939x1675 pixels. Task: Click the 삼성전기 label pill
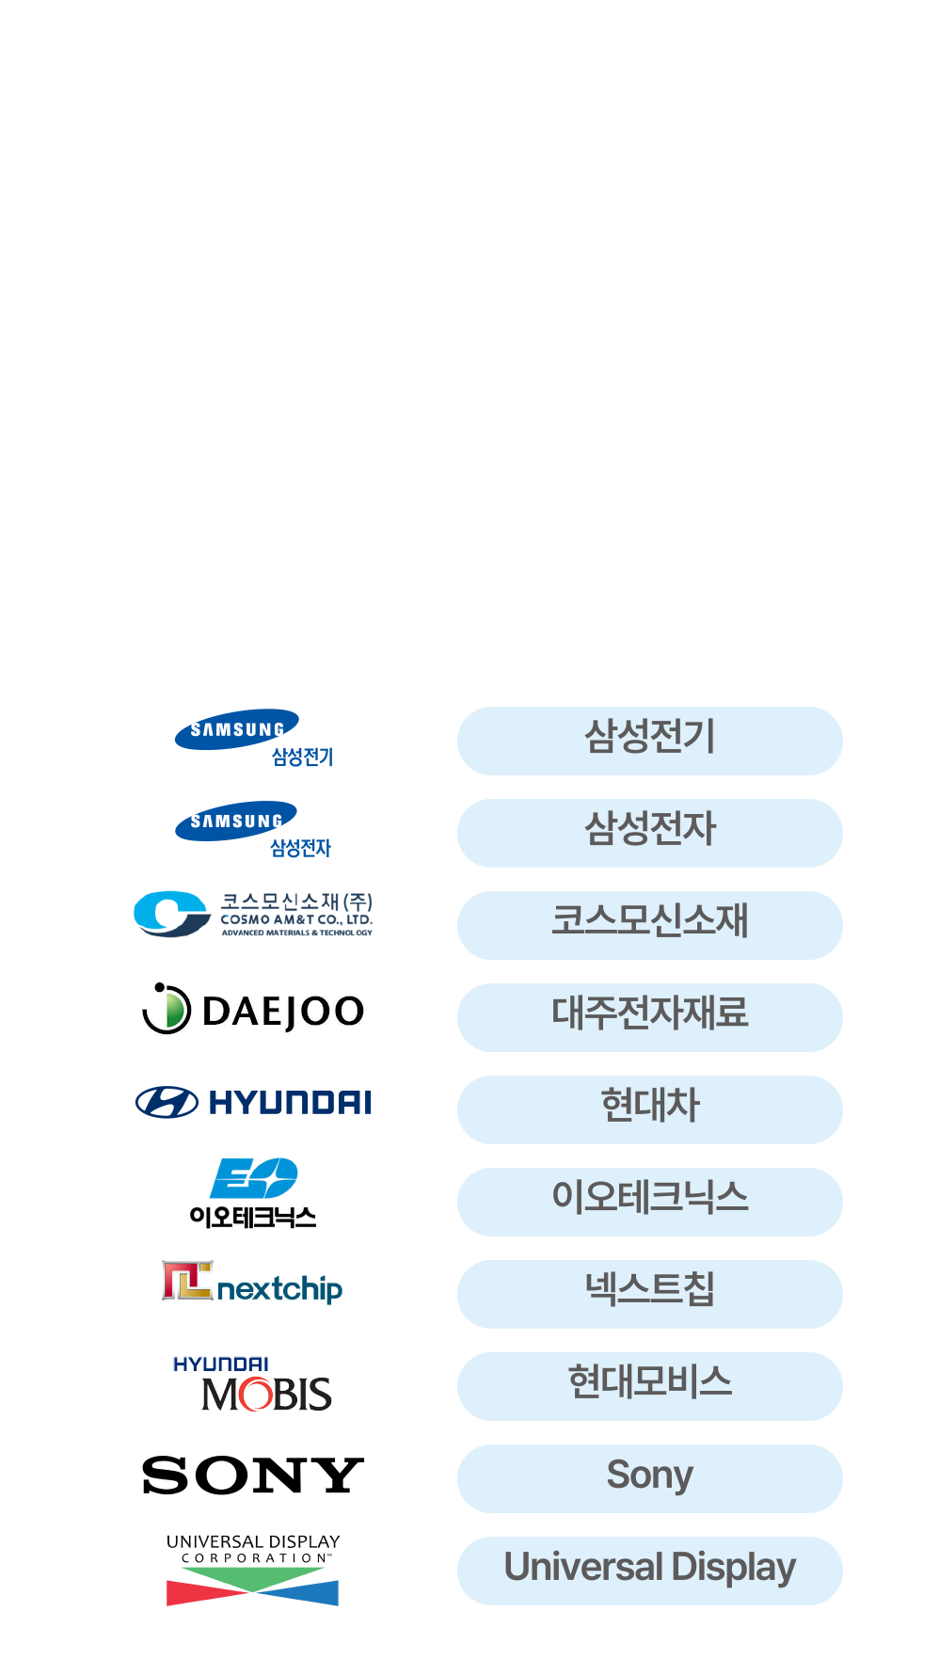click(649, 741)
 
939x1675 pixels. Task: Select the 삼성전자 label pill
click(649, 833)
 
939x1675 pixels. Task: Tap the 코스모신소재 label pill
click(649, 925)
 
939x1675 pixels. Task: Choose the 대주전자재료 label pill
click(649, 1017)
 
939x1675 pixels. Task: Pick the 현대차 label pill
click(649, 1109)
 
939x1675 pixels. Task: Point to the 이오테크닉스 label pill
click(649, 1202)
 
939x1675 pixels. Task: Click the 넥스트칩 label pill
click(649, 1294)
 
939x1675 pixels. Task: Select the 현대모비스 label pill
click(649, 1386)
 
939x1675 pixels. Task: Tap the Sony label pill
click(649, 1478)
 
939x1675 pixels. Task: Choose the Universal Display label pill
click(649, 1571)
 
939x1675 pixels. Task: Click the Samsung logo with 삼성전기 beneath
click(237, 730)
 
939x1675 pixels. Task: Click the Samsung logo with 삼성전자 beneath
click(236, 822)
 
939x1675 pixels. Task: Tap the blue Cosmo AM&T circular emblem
click(170, 914)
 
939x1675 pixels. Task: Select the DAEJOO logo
click(252, 1010)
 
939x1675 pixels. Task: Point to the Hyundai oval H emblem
click(167, 1102)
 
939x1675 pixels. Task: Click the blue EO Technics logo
click(253, 1179)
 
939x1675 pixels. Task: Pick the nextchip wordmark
click(279, 1288)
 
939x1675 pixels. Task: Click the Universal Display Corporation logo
click(252, 1570)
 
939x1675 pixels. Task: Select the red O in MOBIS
click(252, 1395)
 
